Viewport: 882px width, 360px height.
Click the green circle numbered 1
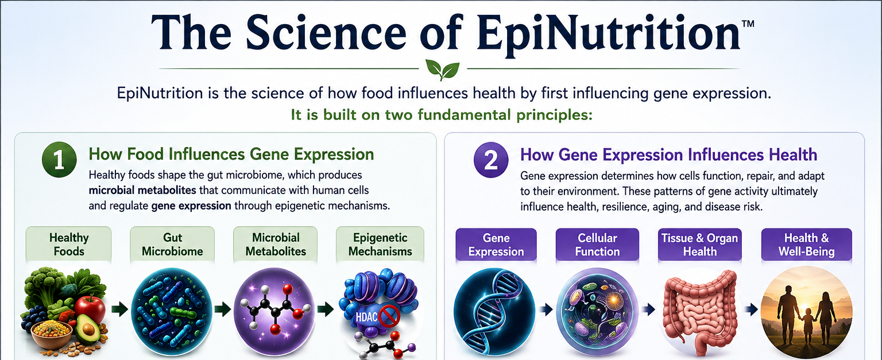[59, 160]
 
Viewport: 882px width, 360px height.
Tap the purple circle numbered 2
[491, 160]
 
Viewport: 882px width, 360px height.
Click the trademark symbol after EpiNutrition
[748, 24]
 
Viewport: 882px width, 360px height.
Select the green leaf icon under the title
[443, 70]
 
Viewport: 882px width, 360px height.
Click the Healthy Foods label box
[68, 244]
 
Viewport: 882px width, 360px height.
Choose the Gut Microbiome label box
[172, 244]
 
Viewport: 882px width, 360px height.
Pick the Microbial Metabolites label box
[276, 244]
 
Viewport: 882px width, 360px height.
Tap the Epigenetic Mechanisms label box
[380, 244]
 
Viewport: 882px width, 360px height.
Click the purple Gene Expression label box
[496, 245]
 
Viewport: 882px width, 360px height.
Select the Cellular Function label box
[597, 245]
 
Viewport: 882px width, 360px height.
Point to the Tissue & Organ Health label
[700, 245]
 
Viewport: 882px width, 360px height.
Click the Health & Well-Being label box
[806, 245]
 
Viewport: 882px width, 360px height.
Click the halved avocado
[88, 329]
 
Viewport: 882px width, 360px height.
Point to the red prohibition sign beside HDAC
[389, 316]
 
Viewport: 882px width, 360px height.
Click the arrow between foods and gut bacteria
[119, 309]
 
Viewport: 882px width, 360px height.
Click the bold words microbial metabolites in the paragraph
[142, 190]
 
